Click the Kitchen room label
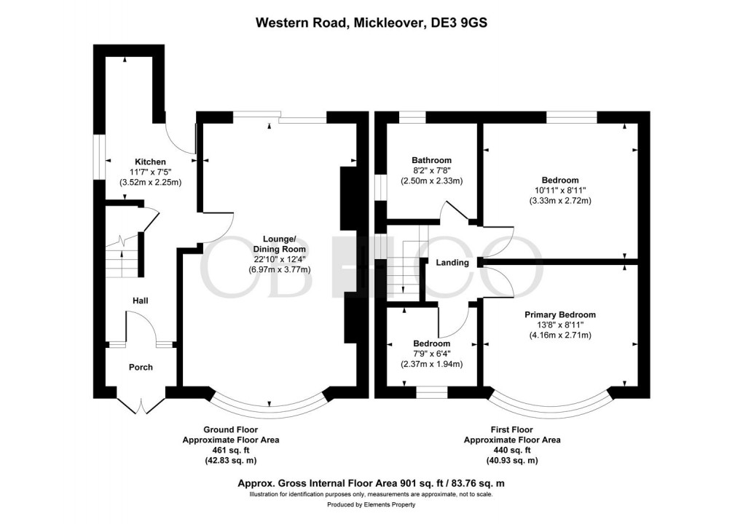point(150,162)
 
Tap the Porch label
point(141,368)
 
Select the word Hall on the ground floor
point(141,301)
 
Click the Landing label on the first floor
point(452,263)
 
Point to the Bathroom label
point(431,161)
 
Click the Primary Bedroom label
point(560,315)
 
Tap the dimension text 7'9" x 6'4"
point(431,354)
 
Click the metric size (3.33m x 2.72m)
point(559,201)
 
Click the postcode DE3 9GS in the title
point(457,23)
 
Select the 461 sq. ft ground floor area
point(230,450)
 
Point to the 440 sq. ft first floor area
point(512,450)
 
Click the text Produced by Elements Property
point(371,504)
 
